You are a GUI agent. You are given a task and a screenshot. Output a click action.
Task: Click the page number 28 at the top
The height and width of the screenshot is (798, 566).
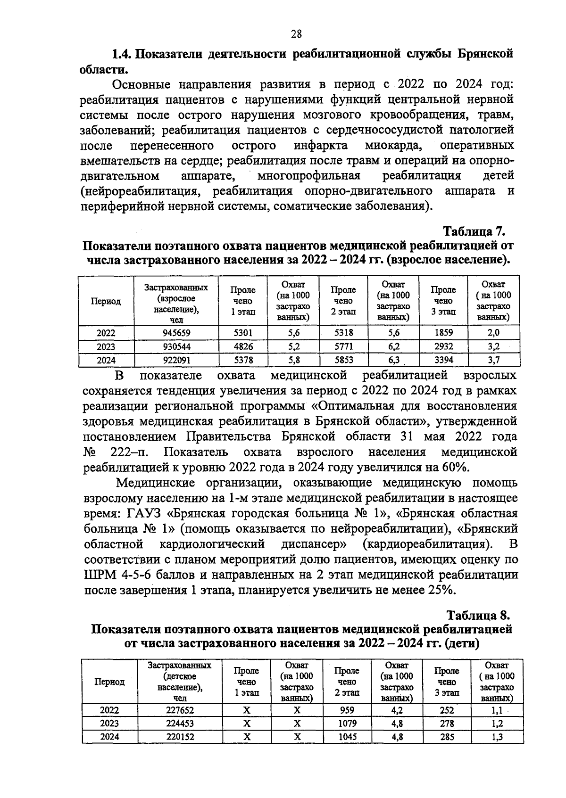pyautogui.click(x=296, y=33)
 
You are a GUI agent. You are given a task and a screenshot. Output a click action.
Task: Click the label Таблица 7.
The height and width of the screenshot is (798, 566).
pyautogui.click(x=474, y=231)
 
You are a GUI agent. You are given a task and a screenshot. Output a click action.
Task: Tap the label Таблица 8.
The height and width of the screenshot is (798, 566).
pyautogui.click(x=478, y=615)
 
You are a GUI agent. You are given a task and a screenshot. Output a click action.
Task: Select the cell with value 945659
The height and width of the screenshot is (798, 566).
pyautogui.click(x=176, y=333)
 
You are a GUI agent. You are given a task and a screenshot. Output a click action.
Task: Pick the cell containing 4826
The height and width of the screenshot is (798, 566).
pyautogui.click(x=243, y=347)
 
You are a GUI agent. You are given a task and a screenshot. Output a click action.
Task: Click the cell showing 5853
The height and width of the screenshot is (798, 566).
pyautogui.click(x=343, y=361)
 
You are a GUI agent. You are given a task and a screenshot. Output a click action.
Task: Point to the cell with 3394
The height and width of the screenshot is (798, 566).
pyautogui.click(x=443, y=361)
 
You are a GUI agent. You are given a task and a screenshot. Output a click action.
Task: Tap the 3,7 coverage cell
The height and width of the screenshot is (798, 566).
pyautogui.click(x=493, y=361)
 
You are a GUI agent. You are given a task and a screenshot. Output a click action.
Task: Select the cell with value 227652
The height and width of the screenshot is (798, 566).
pyautogui.click(x=180, y=710)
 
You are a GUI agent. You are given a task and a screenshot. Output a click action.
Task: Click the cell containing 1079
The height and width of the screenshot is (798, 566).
pyautogui.click(x=347, y=724)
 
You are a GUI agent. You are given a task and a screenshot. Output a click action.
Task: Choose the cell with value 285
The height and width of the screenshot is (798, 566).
pyautogui.click(x=447, y=737)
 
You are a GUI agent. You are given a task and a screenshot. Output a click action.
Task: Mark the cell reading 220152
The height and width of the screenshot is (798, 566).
pyautogui.click(x=180, y=737)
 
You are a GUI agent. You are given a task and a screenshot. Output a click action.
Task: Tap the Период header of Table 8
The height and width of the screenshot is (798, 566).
pyautogui.click(x=109, y=682)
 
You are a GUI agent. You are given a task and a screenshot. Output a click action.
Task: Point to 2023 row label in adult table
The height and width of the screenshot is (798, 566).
pyautogui.click(x=106, y=347)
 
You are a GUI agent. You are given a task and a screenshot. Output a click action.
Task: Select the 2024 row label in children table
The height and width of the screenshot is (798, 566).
pyautogui.click(x=109, y=737)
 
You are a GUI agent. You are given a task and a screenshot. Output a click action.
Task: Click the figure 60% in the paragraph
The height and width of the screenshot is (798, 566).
pyautogui.click(x=455, y=467)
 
